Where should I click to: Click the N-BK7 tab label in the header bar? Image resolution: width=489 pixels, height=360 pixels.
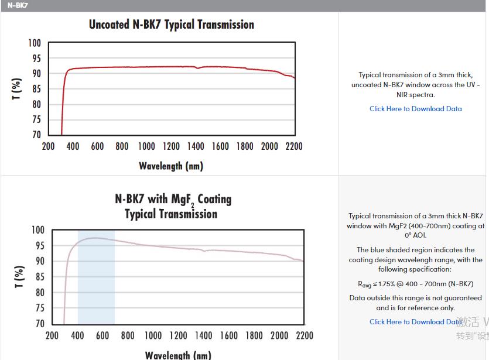tap(17, 5)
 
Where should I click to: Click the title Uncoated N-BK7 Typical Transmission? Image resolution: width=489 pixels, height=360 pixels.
tap(172, 25)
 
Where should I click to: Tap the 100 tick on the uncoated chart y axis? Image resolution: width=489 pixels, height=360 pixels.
tap(35, 43)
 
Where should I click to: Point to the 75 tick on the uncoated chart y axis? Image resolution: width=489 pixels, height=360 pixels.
tap(36, 119)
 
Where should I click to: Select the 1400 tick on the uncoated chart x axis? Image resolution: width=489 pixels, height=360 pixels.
tap(196, 146)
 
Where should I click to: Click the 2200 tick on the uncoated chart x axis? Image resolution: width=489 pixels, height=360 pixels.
tap(294, 146)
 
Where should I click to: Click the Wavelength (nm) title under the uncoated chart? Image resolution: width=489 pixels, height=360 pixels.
tap(171, 166)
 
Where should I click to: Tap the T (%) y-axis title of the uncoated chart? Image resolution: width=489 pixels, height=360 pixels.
tap(17, 89)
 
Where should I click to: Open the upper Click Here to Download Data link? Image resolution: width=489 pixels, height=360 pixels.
tap(415, 109)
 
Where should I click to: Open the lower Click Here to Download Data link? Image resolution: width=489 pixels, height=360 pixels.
tap(415, 322)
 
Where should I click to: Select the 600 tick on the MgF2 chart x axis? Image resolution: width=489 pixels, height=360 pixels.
tap(102, 335)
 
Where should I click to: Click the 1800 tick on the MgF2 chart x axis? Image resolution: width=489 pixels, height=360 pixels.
tap(254, 335)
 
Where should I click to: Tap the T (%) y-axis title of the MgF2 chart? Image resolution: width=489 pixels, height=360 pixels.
tap(19, 277)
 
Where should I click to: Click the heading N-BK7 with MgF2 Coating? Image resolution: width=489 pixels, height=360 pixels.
tap(173, 200)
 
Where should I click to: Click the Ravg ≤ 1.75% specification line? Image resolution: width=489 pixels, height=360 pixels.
tap(415, 284)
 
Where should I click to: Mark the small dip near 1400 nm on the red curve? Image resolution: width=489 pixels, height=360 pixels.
tap(197, 68)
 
